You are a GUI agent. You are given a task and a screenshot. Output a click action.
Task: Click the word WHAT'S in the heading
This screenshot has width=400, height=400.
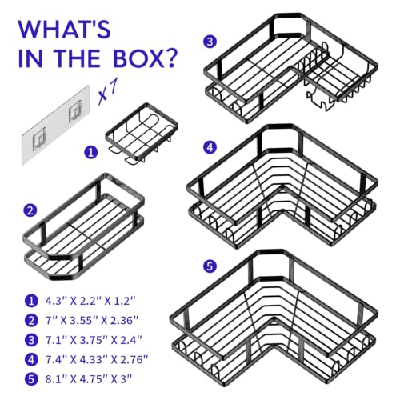click(64, 29)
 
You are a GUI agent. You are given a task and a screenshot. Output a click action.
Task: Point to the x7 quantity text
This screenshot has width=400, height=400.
click(107, 91)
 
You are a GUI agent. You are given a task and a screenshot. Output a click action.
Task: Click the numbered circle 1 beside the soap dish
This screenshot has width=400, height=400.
click(91, 152)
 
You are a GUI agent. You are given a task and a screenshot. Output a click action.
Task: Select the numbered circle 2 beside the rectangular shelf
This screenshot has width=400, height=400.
click(30, 210)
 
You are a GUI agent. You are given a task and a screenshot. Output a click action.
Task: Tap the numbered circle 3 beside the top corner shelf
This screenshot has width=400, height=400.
click(210, 42)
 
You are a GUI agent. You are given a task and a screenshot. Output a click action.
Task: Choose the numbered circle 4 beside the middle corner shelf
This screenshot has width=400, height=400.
click(210, 147)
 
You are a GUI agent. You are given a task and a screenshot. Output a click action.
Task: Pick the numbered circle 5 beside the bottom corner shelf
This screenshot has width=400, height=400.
click(210, 266)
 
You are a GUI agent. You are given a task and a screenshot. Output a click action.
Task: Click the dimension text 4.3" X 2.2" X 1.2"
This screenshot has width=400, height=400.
click(90, 301)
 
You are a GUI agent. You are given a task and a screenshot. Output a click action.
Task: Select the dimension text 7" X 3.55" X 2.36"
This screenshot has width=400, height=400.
click(92, 320)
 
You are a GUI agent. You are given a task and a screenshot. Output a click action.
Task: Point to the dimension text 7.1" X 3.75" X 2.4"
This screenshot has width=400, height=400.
click(94, 340)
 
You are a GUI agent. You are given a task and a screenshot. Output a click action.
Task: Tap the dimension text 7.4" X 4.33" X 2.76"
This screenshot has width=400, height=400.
click(97, 360)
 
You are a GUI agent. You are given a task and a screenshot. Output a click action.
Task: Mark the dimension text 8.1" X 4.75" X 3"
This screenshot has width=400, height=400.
click(89, 379)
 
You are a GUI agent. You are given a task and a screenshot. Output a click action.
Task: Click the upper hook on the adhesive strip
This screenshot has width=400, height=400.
click(74, 113)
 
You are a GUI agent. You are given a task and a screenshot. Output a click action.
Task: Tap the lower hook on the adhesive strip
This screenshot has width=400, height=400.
click(39, 138)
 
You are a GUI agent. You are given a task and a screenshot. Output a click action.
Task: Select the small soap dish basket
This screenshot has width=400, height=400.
click(142, 134)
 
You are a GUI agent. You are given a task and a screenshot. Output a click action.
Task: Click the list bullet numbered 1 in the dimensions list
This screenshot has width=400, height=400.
click(31, 301)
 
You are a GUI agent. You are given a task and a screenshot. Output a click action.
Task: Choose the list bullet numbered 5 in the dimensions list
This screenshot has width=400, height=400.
click(31, 379)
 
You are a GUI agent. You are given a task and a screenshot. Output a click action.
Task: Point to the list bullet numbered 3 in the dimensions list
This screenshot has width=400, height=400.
click(31, 340)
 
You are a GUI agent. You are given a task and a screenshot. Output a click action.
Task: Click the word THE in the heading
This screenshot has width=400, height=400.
click(78, 58)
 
